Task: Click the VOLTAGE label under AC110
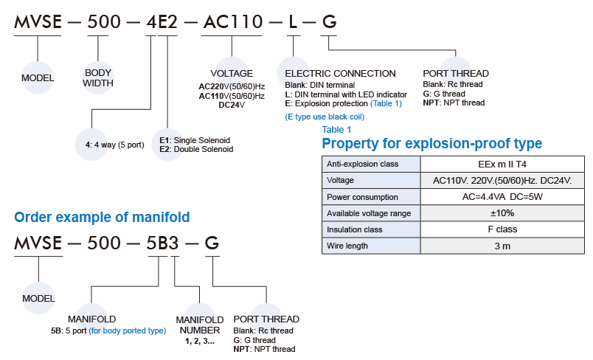tap(232, 74)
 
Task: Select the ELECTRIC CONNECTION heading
tap(340, 74)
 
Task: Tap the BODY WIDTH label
tap(98, 78)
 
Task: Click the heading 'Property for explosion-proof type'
tap(431, 143)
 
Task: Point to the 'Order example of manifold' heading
tap(102, 217)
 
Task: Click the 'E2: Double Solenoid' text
tap(196, 149)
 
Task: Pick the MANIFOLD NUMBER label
tap(200, 325)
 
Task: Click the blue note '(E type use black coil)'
tap(324, 117)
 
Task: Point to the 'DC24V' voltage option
tap(232, 105)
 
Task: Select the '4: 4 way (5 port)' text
tap(114, 145)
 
